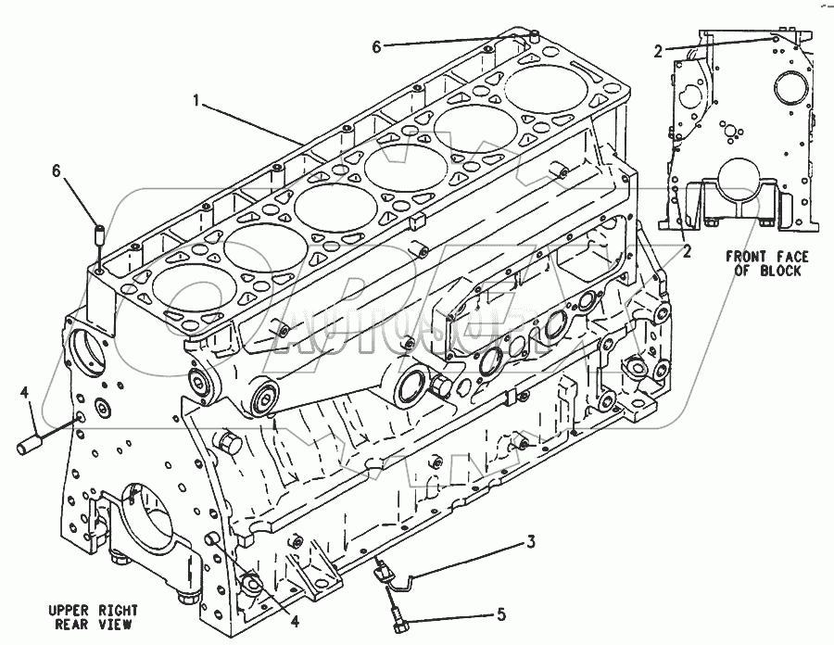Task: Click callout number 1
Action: pyautogui.click(x=196, y=97)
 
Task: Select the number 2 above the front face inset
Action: pyautogui.click(x=657, y=52)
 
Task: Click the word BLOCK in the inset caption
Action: pyautogui.click(x=781, y=271)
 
